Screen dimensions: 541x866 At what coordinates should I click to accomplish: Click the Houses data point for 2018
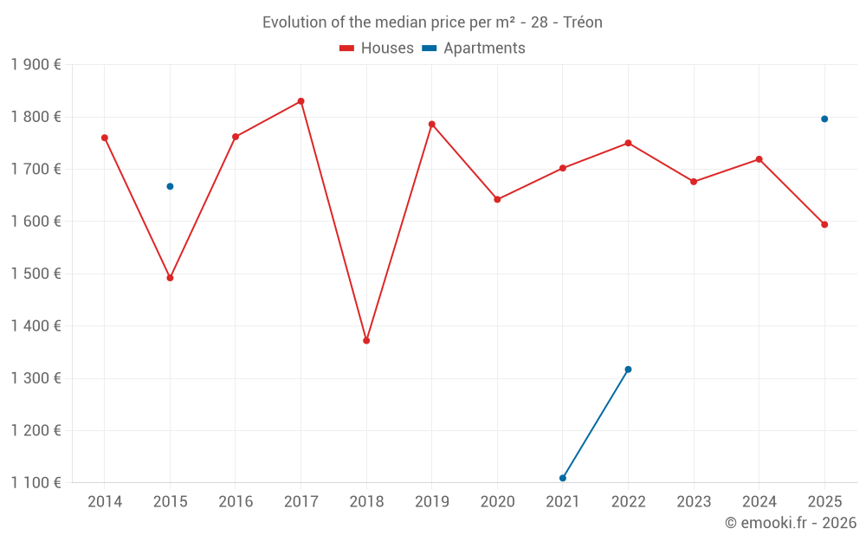coord(366,340)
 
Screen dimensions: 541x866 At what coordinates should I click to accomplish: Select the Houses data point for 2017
coord(301,101)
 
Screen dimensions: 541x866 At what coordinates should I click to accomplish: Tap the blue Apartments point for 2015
coord(170,186)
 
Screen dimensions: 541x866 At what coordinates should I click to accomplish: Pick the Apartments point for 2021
coord(563,478)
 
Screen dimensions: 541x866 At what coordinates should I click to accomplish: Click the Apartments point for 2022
coord(628,370)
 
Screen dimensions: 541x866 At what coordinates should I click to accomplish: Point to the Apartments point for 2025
coord(824,119)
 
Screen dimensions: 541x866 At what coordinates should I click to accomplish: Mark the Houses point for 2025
coord(824,224)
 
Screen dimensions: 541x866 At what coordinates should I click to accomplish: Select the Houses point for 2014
coord(105,138)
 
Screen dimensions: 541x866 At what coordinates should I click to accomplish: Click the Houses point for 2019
coord(432,124)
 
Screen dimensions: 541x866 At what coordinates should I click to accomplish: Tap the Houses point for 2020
coord(497,199)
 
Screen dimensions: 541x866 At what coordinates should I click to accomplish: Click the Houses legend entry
coord(377,48)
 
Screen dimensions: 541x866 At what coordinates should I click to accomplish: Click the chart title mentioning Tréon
coord(432,23)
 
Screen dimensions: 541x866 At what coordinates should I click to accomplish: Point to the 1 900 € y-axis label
coord(36,64)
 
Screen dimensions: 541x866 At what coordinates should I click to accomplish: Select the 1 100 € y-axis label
coord(36,483)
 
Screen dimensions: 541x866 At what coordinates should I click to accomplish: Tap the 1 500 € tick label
coord(36,274)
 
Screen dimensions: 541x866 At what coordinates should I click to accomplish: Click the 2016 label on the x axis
coord(236,501)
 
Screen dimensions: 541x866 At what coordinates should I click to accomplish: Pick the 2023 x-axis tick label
coord(694,501)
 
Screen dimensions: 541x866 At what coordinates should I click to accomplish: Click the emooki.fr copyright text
coord(790,523)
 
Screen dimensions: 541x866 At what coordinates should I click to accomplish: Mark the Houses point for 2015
coord(170,278)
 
